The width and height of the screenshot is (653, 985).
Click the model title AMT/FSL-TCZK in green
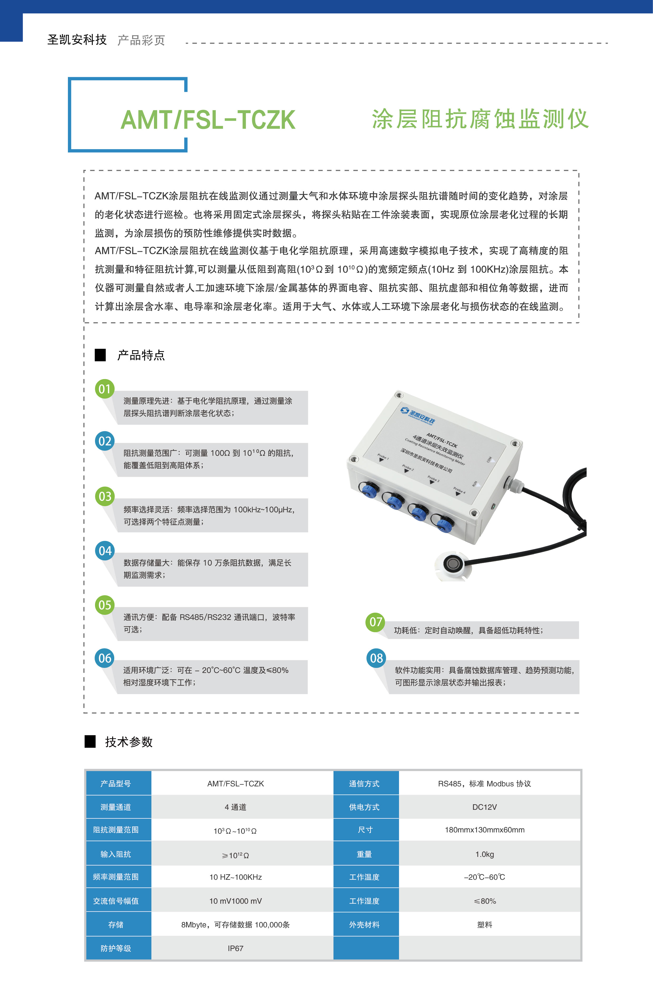click(208, 120)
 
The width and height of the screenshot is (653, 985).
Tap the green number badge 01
click(104, 389)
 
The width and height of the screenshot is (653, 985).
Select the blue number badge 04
click(105, 551)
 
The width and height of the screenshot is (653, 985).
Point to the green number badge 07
click(376, 622)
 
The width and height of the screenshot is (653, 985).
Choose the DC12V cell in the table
click(484, 807)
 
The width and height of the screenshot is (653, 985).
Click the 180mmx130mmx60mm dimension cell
click(484, 830)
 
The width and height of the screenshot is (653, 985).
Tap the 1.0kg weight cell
click(484, 854)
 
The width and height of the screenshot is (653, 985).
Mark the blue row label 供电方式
click(364, 807)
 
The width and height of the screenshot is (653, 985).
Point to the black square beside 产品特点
click(100, 355)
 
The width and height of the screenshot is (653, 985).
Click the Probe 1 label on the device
click(383, 457)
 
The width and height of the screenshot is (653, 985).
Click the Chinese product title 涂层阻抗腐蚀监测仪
click(480, 119)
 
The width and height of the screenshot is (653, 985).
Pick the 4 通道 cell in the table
click(235, 807)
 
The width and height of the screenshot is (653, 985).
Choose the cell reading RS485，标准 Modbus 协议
click(484, 783)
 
